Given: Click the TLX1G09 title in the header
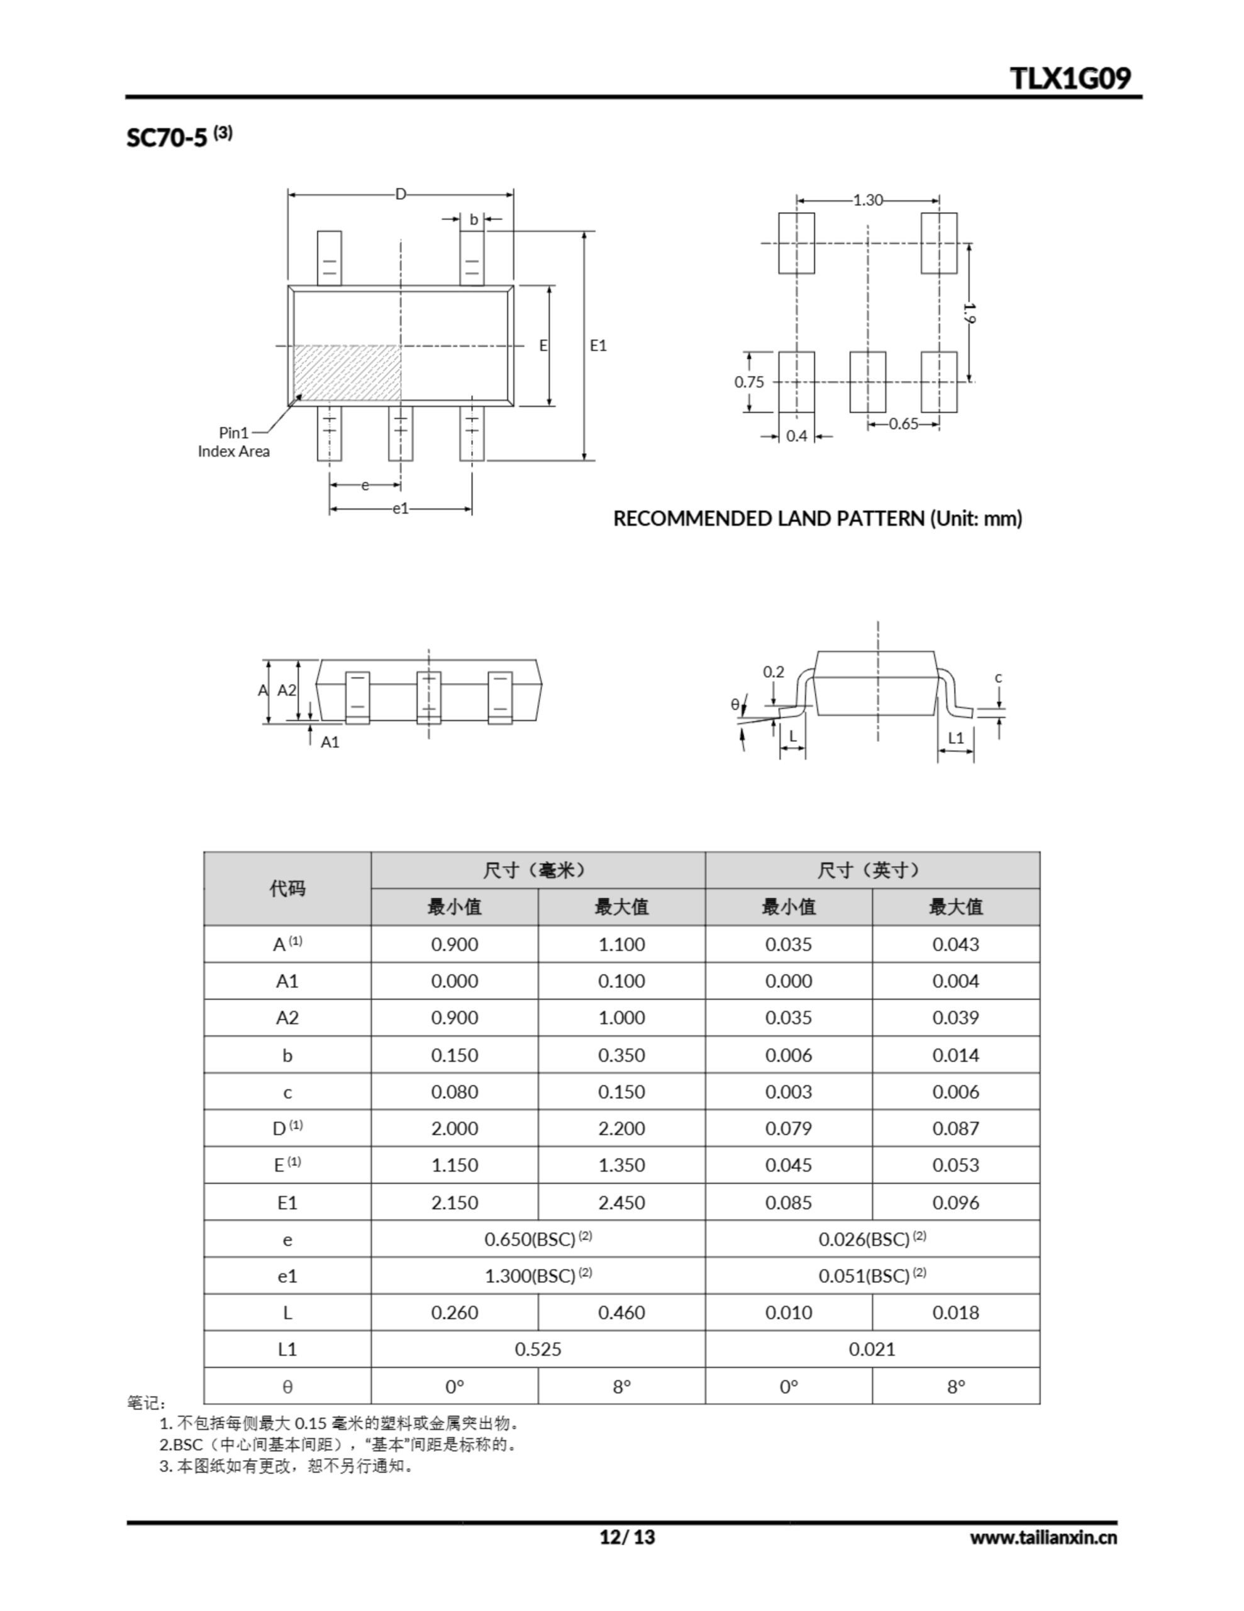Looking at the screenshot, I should click(1069, 78).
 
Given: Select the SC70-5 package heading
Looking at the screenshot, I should click(179, 137).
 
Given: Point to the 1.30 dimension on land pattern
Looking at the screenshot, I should click(867, 200).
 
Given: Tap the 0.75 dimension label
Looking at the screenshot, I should click(748, 382).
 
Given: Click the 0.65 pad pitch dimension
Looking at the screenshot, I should click(903, 424).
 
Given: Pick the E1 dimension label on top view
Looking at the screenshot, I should click(598, 345).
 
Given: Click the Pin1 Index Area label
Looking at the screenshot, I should click(234, 442).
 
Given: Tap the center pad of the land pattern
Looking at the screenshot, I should click(867, 382).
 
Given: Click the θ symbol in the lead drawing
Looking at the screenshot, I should click(735, 704).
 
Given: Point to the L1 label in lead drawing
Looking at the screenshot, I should click(956, 738).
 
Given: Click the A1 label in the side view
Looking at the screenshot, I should click(330, 742).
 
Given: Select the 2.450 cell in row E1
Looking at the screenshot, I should click(621, 1203).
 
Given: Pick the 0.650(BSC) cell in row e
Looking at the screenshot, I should click(538, 1239).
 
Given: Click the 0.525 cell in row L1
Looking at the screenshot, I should click(538, 1350).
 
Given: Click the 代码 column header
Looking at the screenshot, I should click(287, 889).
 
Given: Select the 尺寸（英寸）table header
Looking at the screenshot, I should click(872, 870).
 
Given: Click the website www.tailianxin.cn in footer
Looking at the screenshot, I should click(1043, 1537).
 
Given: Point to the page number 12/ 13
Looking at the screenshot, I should click(627, 1537).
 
